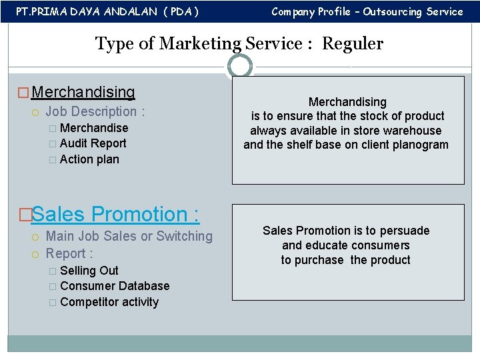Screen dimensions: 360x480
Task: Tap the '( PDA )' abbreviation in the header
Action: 178,11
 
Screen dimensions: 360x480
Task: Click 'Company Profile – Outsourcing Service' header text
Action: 367,11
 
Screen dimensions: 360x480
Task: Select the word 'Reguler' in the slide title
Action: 353,44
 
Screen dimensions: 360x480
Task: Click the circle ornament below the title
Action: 240,66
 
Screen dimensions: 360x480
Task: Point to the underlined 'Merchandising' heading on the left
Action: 83,93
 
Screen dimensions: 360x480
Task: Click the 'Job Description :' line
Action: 95,111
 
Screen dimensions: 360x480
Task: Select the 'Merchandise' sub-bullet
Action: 93,128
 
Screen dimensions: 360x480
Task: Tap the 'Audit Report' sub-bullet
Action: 93,143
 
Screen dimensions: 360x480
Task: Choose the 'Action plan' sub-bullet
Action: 89,159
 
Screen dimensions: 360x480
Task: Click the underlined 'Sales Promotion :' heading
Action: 115,215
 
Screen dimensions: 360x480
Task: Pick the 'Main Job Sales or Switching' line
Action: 129,236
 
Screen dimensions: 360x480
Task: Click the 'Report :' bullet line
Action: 69,253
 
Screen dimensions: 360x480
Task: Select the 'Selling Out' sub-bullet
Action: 89,271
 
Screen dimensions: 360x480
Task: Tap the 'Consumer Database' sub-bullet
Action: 114,286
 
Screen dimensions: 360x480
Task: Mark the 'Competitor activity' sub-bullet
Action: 109,302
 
